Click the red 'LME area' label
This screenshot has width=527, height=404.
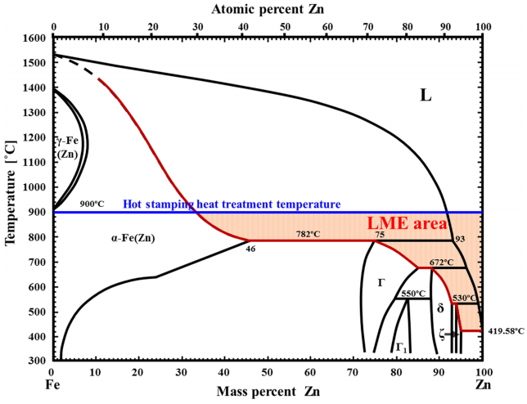(407, 222)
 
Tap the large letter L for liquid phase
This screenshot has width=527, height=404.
(426, 96)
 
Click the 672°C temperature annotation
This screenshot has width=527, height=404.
(442, 263)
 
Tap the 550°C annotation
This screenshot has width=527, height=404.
(413, 294)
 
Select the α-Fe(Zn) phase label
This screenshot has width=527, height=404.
(133, 239)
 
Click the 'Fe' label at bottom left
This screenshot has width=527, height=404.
(52, 383)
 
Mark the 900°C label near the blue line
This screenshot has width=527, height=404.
(92, 203)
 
